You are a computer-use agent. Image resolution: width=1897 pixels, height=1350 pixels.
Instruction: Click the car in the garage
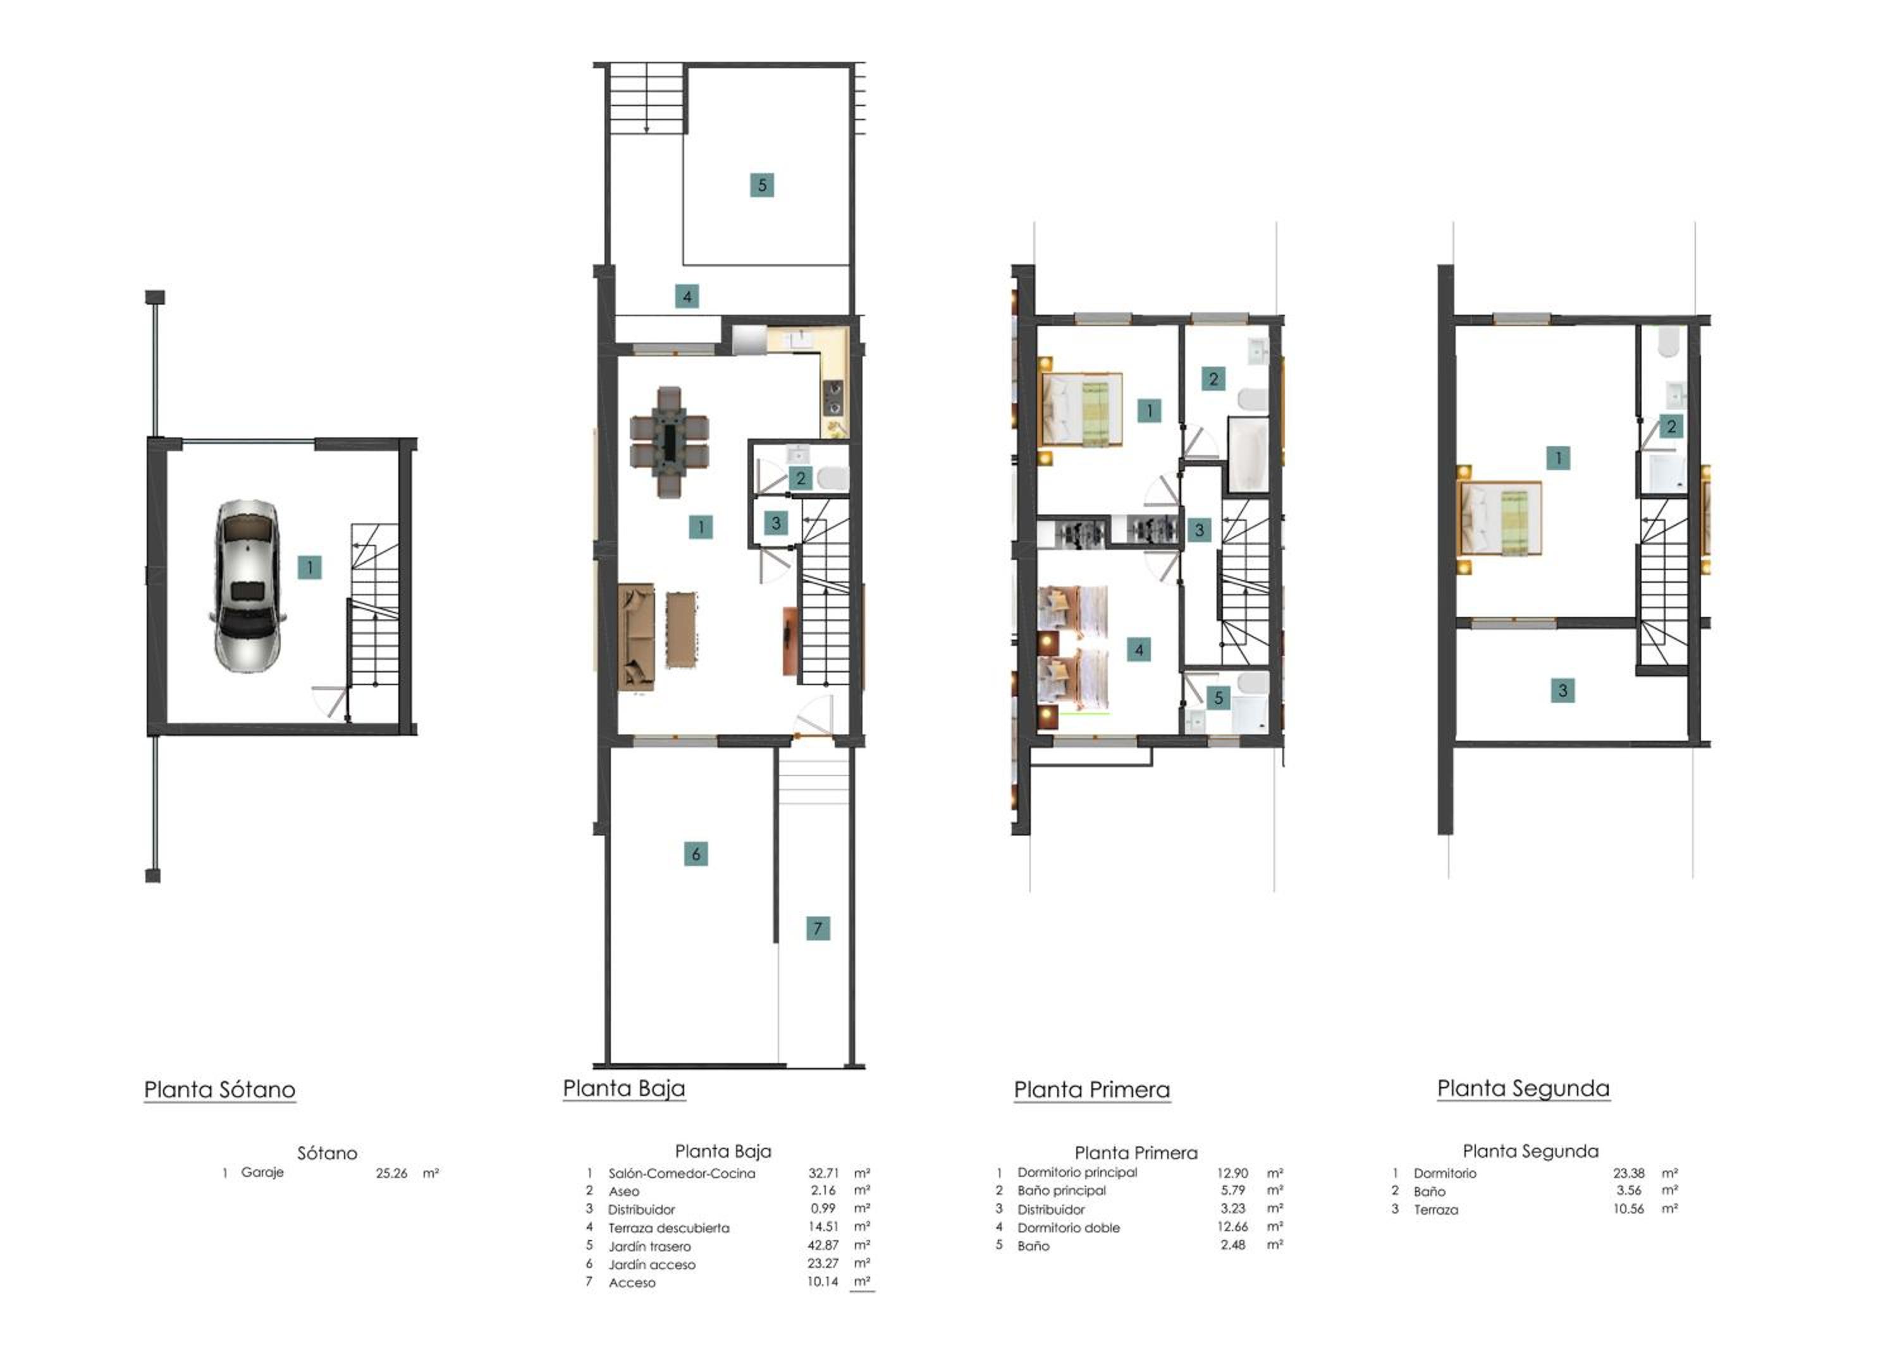247,585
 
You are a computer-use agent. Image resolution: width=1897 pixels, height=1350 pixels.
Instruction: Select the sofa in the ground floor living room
636,638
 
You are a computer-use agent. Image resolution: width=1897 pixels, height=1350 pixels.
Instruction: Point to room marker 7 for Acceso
818,928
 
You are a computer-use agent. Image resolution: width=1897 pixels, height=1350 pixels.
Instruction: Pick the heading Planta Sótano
219,1089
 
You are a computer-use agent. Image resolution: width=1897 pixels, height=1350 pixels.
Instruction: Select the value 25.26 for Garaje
391,1173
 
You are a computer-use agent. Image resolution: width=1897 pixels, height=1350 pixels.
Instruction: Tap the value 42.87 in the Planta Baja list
823,1244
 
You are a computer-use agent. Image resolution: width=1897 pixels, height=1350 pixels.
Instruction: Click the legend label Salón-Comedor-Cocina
681,1173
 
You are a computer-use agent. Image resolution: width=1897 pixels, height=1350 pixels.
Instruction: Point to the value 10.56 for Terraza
1628,1208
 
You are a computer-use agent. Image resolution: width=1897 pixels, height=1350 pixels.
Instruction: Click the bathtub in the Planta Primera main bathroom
1248,454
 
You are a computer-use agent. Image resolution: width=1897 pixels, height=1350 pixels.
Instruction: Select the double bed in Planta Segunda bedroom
1501,518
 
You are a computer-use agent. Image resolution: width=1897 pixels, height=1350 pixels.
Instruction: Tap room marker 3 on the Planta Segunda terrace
1562,690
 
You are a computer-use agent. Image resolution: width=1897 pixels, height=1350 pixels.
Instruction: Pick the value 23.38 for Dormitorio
1628,1173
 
